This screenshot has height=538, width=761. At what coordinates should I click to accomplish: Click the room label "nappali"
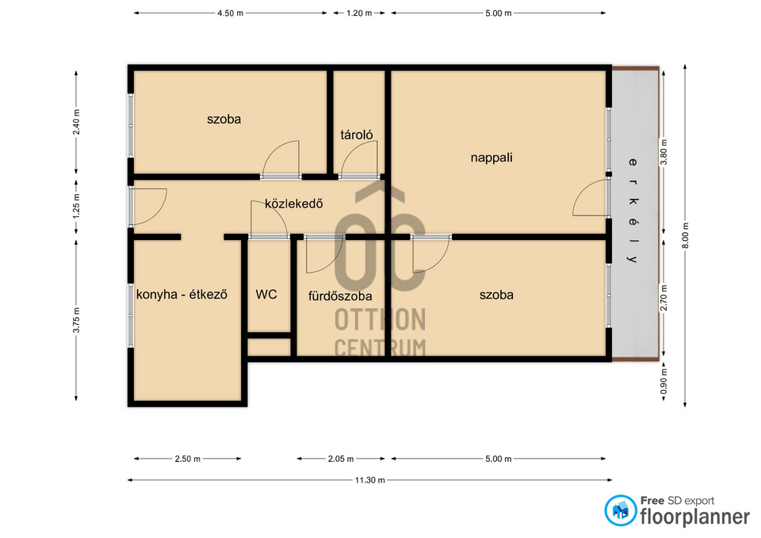491,158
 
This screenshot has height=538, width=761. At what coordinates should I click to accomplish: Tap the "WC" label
266,294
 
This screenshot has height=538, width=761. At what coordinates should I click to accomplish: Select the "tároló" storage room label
357,135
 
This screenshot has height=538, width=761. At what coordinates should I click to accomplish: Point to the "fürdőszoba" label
340,296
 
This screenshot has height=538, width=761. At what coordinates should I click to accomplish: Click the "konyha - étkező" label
182,294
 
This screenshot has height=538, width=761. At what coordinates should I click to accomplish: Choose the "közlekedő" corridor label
293,204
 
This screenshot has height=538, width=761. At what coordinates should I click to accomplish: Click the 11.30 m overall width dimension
370,480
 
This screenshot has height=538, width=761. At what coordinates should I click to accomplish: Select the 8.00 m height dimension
685,236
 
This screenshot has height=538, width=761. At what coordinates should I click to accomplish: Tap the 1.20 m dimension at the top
359,13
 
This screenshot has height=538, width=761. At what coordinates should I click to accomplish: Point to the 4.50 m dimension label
230,13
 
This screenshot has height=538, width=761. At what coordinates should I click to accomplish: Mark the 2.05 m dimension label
341,459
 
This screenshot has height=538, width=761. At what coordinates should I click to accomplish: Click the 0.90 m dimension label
663,381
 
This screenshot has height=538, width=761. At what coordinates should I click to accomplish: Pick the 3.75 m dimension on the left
76,320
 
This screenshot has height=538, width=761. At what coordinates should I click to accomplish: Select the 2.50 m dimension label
187,459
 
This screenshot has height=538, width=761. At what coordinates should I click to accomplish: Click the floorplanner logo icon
620,511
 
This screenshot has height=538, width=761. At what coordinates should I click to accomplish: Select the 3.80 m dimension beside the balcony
663,152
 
